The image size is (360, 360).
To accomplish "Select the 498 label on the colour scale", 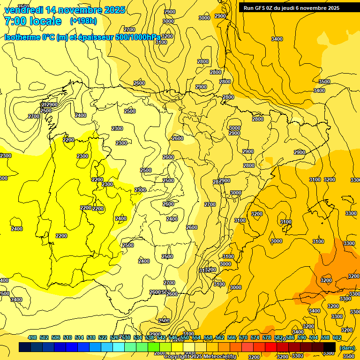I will point(32,337).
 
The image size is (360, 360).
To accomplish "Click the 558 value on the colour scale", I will point(208,337).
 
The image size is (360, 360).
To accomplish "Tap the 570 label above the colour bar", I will point(243,337).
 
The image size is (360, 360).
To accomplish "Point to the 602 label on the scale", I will point(337,337).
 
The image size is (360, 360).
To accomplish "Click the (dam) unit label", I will point(347,348).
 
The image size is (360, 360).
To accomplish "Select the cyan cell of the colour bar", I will point(119,347).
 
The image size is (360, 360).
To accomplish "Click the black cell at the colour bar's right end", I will point(330,347).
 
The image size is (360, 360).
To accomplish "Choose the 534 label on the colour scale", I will point(138,337).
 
